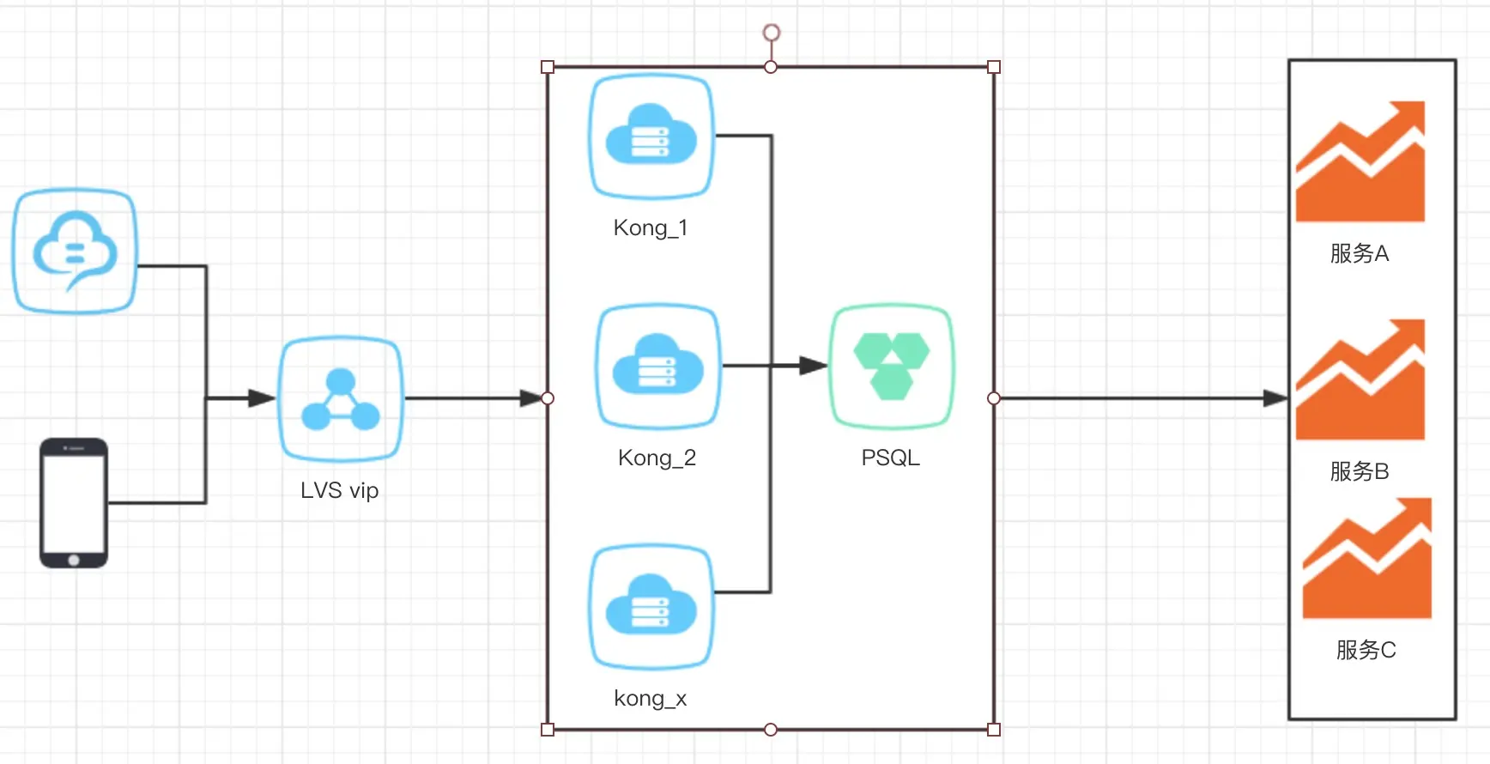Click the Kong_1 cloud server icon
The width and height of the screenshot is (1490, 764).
[651, 136]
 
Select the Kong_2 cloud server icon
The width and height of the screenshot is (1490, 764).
[657, 367]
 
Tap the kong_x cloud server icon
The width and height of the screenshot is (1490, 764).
[651, 606]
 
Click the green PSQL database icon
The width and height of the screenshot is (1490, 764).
[891, 367]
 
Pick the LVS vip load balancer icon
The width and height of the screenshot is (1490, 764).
[341, 399]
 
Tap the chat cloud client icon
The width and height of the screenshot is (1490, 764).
[75, 251]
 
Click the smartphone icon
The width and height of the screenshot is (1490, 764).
[74, 503]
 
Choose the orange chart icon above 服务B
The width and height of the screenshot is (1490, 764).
[1360, 379]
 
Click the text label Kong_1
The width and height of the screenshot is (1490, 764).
[651, 228]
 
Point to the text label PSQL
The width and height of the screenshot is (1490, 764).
[891, 458]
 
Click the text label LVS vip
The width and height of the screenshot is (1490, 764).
[340, 491]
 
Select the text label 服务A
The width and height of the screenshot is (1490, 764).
[1360, 254]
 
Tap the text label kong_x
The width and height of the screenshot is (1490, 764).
[651, 699]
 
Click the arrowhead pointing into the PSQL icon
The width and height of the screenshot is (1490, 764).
[813, 367]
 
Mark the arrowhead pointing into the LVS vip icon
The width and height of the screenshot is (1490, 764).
[262, 398]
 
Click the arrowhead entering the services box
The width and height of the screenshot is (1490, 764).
[1275, 398]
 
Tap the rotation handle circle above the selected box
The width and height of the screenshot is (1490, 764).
[772, 33]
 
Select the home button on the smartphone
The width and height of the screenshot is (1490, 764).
[74, 561]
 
